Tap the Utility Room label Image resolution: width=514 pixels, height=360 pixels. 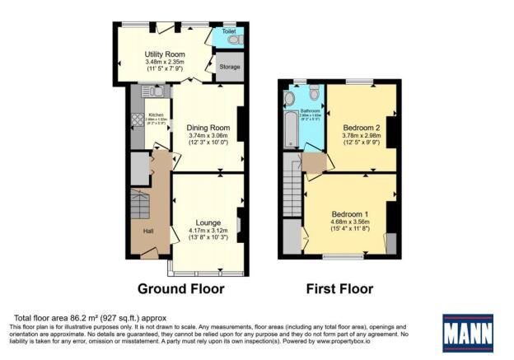pos(157,54)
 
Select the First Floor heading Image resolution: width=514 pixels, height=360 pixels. pos(339,289)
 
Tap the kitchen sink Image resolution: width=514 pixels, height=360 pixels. pos(153,94)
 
